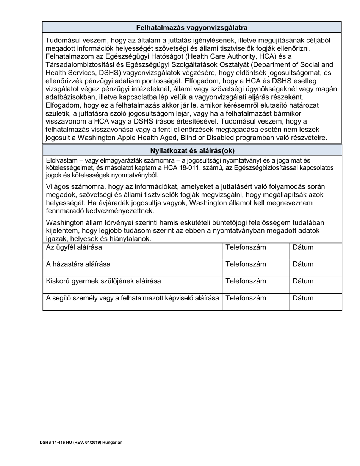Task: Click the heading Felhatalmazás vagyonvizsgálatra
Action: coord(192,27)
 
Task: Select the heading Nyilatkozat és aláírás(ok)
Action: coord(192,150)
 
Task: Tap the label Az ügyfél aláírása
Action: coord(74,247)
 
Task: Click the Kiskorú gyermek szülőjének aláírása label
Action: coord(103,281)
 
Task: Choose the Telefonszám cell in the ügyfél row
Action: coord(246,247)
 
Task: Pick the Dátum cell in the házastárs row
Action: coord(303,264)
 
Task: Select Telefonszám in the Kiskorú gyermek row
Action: coord(246,281)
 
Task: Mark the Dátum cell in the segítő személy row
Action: coord(303,298)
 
